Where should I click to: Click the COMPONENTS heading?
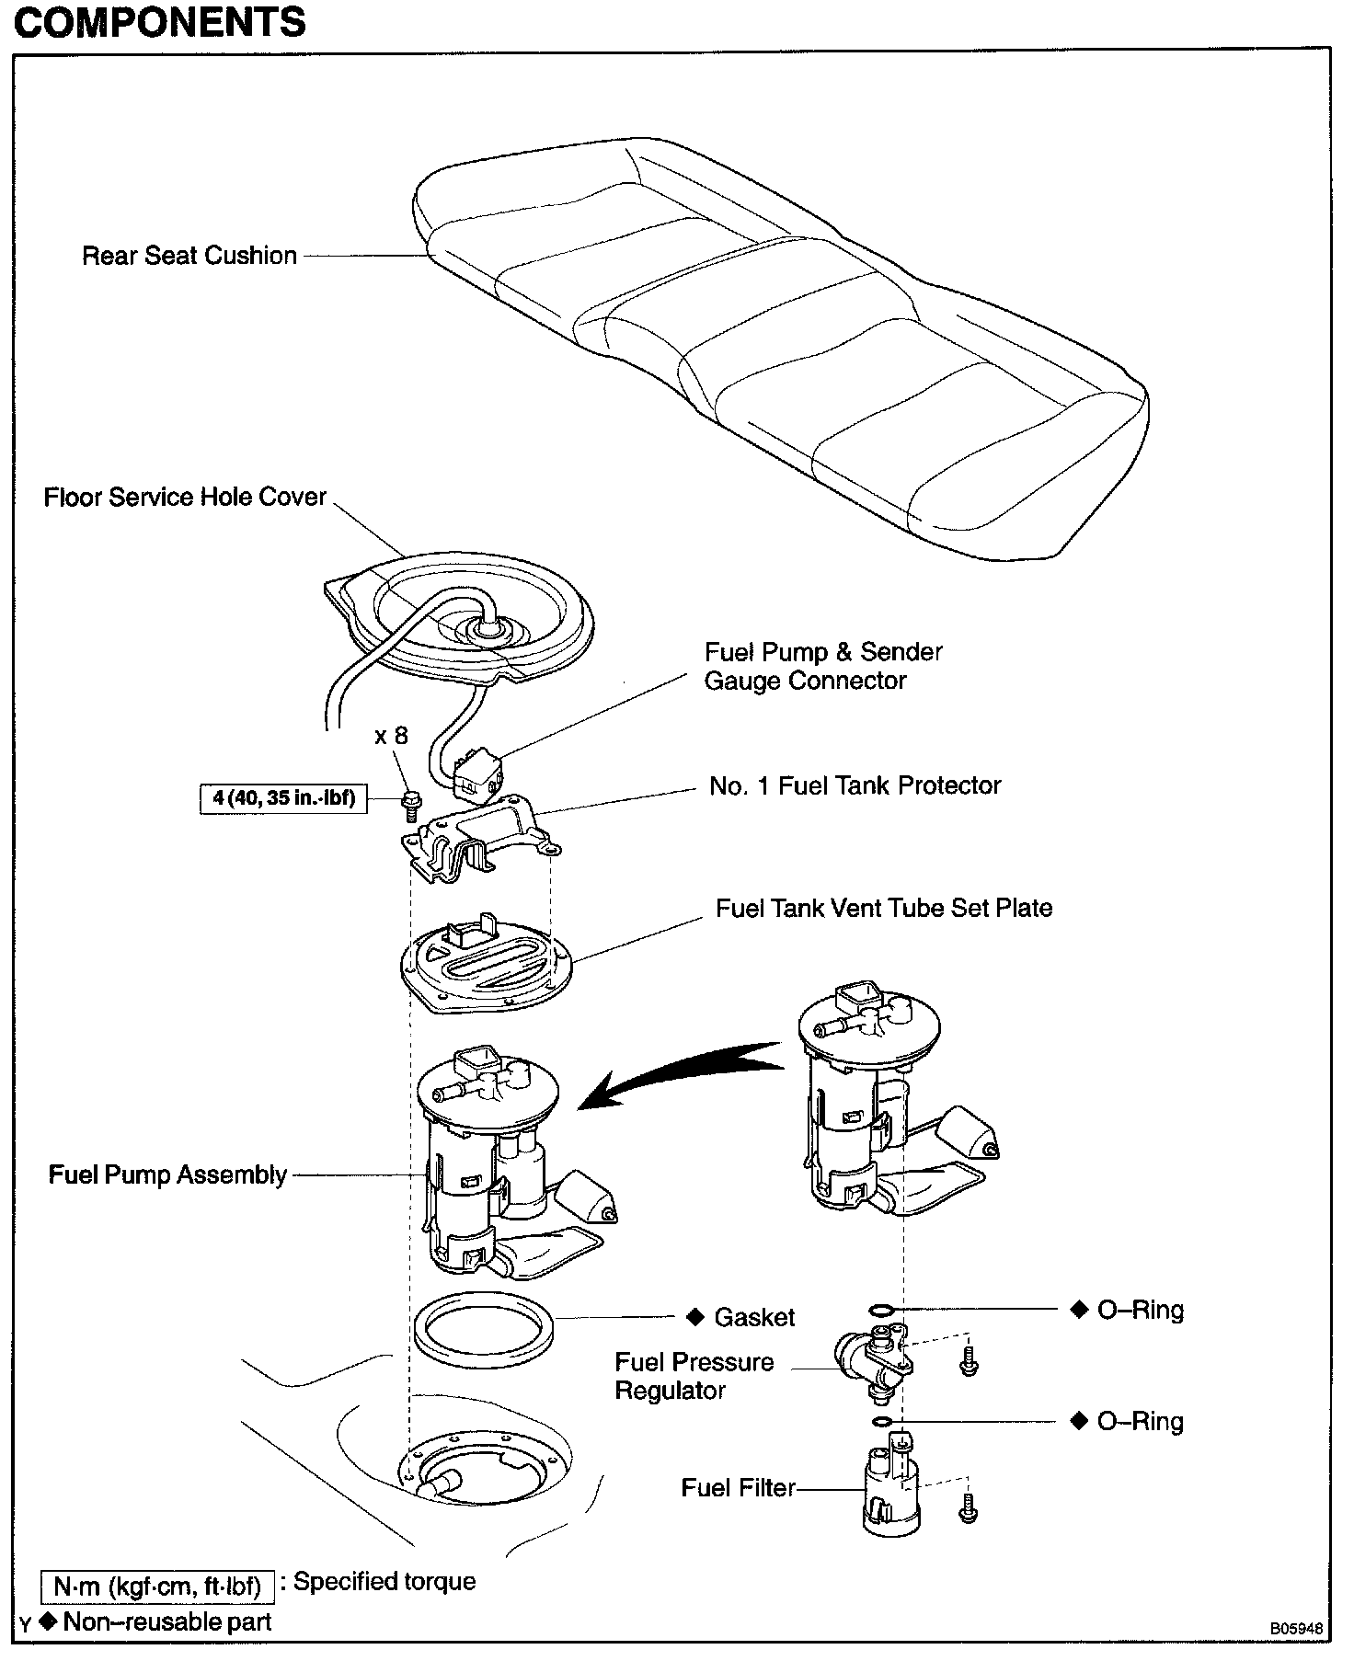point(160,22)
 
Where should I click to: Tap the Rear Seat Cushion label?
point(189,256)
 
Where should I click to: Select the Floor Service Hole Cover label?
point(185,498)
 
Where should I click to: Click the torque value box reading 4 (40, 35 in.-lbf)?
point(284,797)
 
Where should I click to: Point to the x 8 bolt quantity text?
point(391,736)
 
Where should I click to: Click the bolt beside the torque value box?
point(408,803)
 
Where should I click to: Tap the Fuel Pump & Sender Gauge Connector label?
point(822,667)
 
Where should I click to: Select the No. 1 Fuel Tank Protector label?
point(855,785)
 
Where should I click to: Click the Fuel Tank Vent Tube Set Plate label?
point(884,908)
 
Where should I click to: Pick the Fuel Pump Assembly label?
point(167,1175)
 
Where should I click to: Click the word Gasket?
point(754,1317)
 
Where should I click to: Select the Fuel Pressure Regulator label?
point(694,1376)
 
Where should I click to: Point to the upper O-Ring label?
point(1140,1310)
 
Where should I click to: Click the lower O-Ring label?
point(1140,1422)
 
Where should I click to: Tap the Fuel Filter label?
point(738,1488)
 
